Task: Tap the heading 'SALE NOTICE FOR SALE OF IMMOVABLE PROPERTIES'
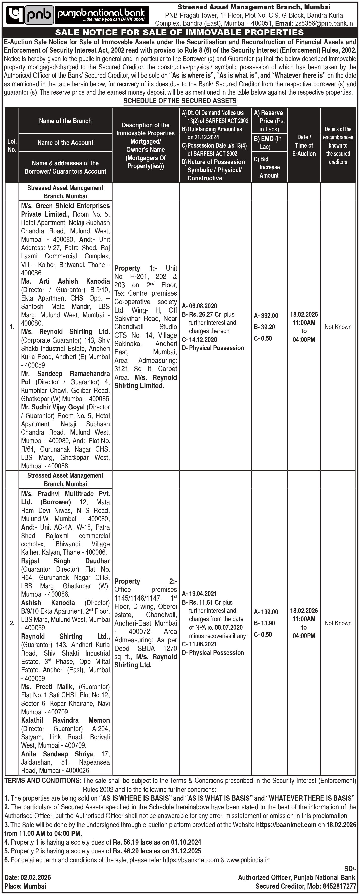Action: pyautogui.click(x=180, y=33)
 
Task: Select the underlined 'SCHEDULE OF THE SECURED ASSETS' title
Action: pyautogui.click(x=180, y=101)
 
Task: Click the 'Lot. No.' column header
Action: pyautogui.click(x=12, y=145)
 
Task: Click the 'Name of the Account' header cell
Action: pyautogui.click(x=65, y=142)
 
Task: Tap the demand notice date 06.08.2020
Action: pyautogui.click(x=203, y=306)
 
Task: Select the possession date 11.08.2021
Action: pyautogui.click(x=203, y=644)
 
